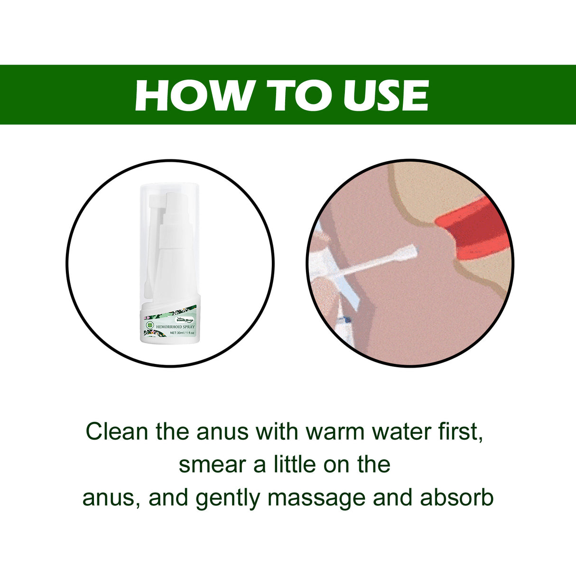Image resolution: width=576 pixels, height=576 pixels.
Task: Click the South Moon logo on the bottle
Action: click(x=185, y=320)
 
